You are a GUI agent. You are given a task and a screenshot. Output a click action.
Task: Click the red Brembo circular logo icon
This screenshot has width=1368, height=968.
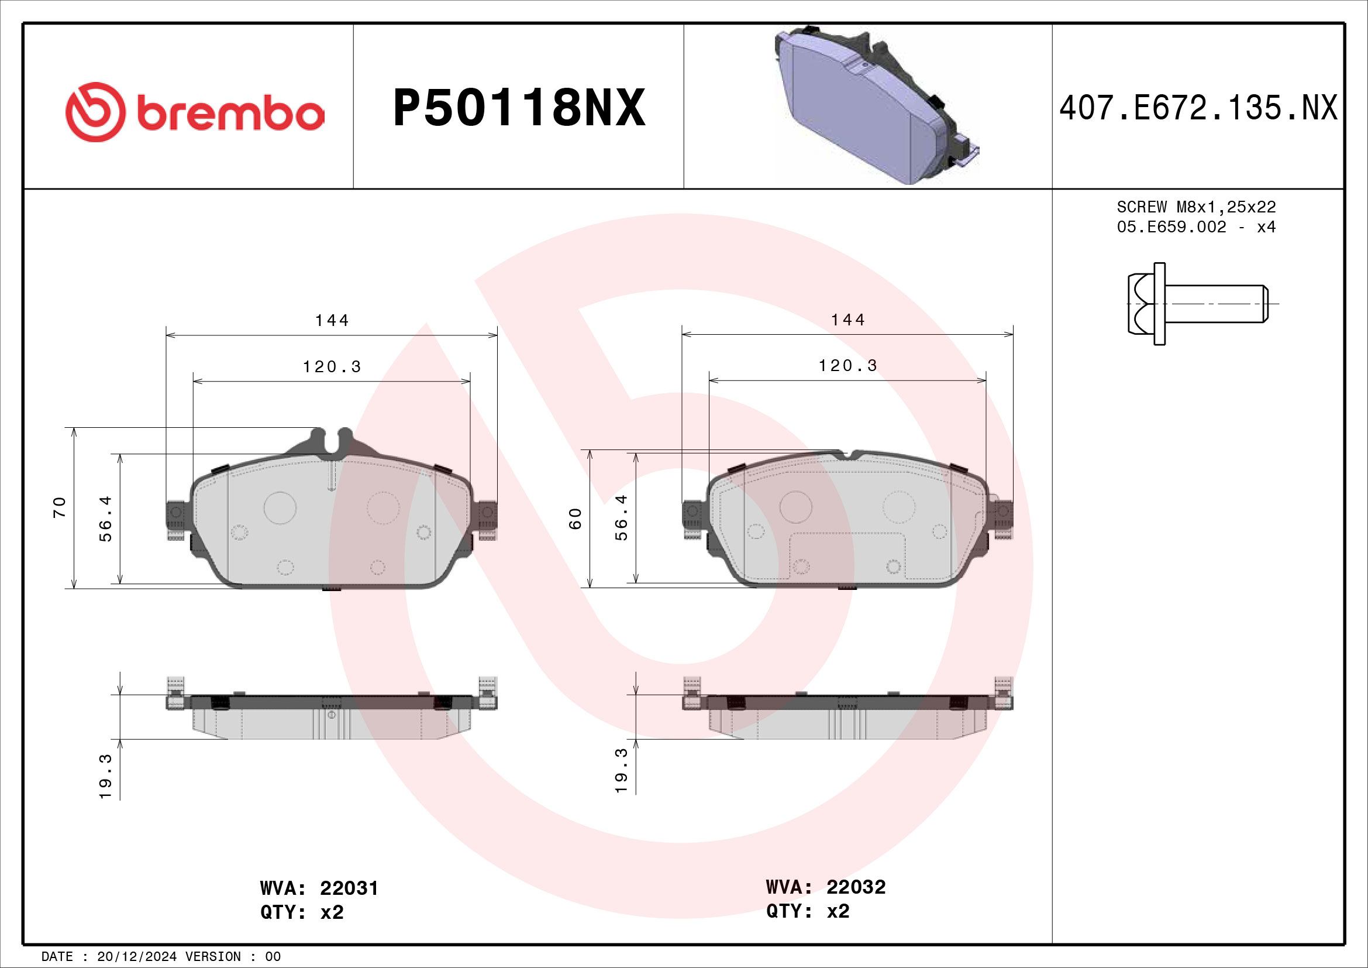[95, 112]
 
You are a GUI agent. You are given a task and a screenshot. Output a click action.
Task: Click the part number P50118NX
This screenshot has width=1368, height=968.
[518, 108]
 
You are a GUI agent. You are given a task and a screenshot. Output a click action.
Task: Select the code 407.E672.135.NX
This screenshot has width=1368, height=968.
[1198, 108]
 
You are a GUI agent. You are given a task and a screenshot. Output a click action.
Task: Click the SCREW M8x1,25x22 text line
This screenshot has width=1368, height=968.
[1196, 207]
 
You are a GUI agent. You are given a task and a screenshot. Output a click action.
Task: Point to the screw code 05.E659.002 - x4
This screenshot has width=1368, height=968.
[1196, 227]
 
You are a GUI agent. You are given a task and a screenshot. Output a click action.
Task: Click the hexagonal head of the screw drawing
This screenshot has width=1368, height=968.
[1140, 304]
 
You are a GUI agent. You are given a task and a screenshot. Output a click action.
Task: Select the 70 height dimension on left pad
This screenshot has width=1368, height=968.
[59, 507]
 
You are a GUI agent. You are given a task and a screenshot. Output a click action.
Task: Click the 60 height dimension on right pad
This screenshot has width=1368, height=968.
[574, 519]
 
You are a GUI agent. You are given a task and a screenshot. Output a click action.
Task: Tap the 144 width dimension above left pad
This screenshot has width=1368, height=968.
[332, 321]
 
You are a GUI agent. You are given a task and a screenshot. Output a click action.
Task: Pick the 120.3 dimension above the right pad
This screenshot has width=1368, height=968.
[848, 366]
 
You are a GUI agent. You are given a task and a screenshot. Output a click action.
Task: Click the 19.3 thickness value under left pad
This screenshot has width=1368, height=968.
[105, 776]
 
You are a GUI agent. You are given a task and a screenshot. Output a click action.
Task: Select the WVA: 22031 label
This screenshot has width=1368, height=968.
[319, 888]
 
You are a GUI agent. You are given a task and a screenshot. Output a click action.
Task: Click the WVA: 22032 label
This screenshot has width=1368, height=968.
[826, 887]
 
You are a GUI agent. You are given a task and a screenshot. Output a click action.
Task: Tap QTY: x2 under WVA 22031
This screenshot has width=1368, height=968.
[302, 912]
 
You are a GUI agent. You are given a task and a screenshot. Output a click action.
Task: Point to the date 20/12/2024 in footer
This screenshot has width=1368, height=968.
[136, 957]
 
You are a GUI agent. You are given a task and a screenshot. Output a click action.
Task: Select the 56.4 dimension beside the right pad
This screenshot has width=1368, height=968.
[622, 517]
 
